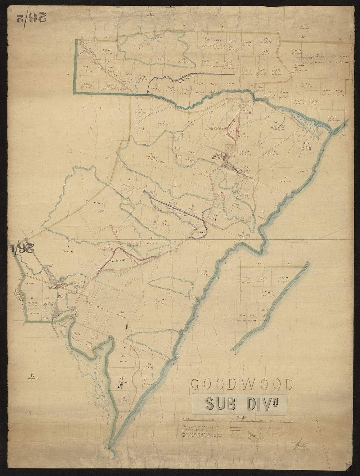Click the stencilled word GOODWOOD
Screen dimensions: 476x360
tap(241, 384)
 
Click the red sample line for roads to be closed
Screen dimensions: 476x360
tap(235, 426)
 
